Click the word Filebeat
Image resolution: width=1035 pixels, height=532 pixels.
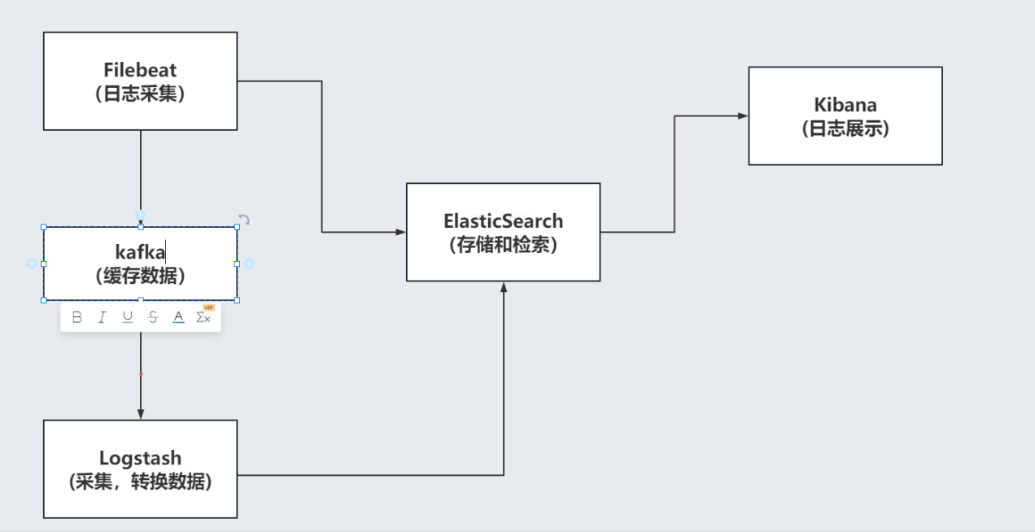(x=140, y=70)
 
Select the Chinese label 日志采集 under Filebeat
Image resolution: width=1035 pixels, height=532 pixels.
(x=140, y=94)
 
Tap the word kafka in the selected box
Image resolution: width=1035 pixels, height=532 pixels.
(x=140, y=251)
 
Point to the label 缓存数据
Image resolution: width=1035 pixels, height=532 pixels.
(x=140, y=276)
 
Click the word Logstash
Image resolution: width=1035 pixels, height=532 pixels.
(x=140, y=458)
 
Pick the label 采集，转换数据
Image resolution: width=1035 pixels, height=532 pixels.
(x=140, y=482)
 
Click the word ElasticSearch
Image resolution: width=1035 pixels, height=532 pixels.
(x=503, y=220)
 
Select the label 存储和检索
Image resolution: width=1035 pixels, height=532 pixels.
(x=503, y=245)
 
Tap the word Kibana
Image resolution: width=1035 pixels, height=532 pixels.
(x=845, y=105)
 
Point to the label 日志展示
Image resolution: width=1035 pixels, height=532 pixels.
(x=845, y=129)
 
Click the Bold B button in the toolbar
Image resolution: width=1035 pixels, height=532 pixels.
(x=77, y=317)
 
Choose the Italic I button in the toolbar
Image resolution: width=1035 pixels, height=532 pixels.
(x=103, y=317)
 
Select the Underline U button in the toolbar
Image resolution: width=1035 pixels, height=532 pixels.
(x=128, y=317)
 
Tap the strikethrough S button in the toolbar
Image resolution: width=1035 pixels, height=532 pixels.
(x=153, y=317)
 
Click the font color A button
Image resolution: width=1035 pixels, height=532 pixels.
(x=178, y=317)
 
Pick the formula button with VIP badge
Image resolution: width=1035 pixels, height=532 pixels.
(x=204, y=316)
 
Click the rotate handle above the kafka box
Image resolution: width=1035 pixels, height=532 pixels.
(x=243, y=220)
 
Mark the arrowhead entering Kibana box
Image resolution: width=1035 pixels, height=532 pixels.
(x=743, y=116)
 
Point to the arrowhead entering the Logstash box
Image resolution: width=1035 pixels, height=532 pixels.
(x=141, y=415)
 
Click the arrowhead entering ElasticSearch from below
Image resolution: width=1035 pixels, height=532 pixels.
(x=504, y=287)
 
